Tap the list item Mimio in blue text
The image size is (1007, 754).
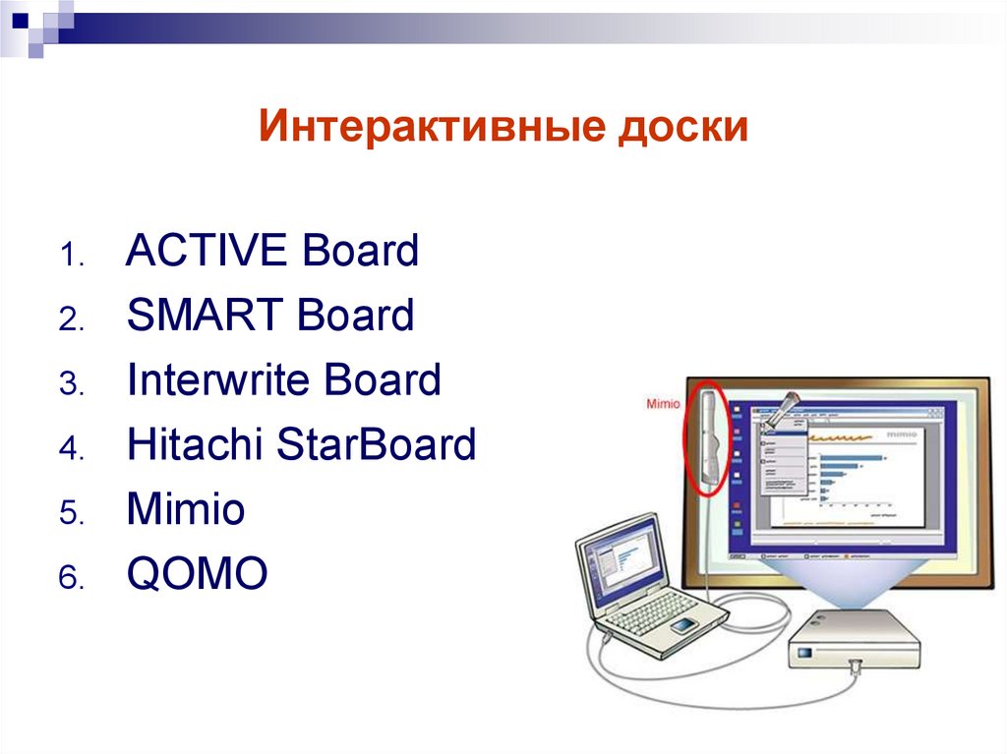pos(185,510)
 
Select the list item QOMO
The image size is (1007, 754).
pos(197,574)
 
